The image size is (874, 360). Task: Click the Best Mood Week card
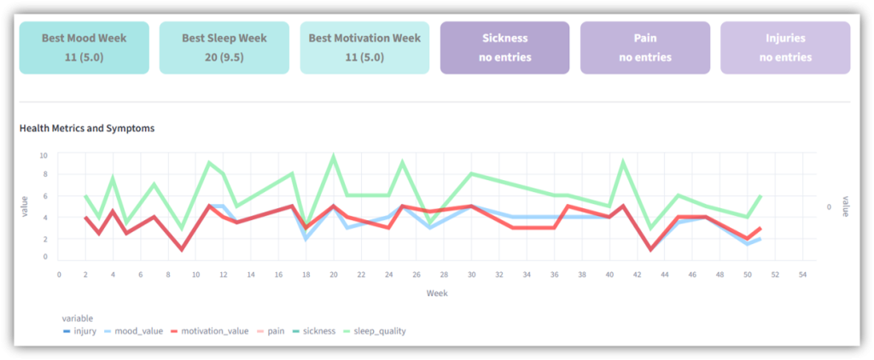pos(84,48)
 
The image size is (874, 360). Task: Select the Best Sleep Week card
pos(224,48)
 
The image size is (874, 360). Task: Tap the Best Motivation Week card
pos(364,48)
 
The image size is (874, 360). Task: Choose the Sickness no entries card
pos(505,48)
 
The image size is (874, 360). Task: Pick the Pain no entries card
pos(645,48)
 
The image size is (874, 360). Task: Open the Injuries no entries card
pos(785,48)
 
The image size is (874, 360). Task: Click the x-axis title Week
pos(437,293)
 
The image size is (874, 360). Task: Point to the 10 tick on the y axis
pos(43,155)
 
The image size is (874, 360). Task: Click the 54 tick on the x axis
pos(801,275)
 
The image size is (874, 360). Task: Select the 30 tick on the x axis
pos(471,275)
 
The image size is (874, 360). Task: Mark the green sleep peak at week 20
pos(334,156)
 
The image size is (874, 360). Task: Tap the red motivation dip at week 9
pos(182,249)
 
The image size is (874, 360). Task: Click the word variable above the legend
pos(79,318)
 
